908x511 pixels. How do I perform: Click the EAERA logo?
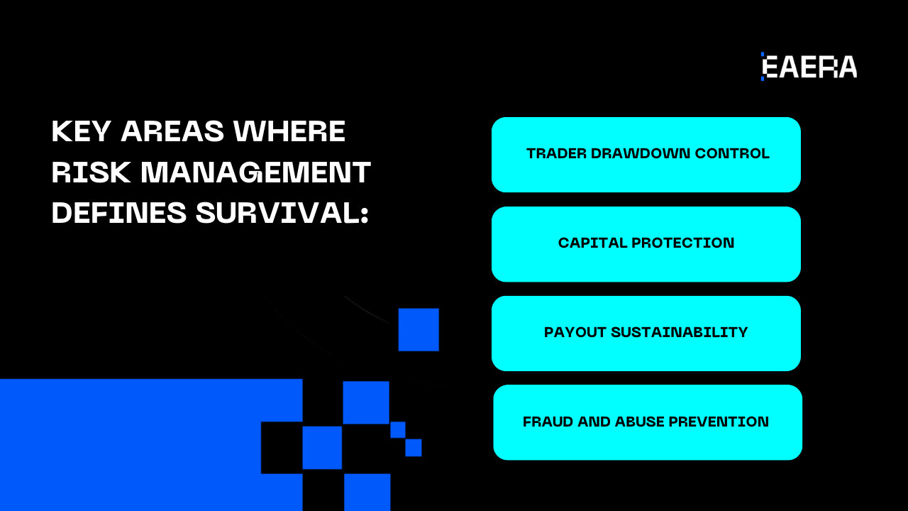click(809, 67)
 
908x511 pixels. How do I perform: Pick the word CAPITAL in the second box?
click(589, 243)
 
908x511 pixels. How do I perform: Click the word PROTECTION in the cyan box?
click(682, 243)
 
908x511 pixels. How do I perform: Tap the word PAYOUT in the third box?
click(575, 332)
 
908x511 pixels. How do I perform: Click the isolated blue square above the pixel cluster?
click(419, 329)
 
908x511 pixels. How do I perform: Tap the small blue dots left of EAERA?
click(763, 66)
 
